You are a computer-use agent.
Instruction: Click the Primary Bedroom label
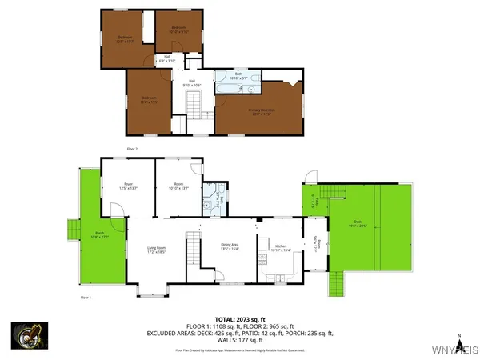click(262, 112)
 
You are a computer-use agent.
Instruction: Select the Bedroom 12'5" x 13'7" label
click(126, 39)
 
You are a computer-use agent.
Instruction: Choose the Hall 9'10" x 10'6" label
click(193, 82)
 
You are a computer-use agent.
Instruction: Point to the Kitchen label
click(281, 248)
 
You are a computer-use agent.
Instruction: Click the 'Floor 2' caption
click(132, 149)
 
